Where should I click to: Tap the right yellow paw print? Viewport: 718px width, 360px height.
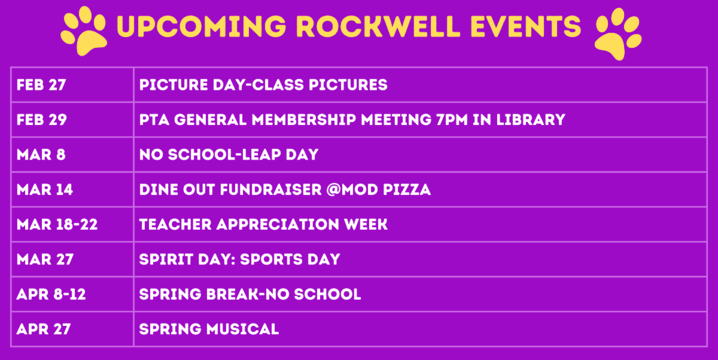[618, 34]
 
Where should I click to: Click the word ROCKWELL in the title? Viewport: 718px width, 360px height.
[378, 26]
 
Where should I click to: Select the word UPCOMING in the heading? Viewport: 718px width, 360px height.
[202, 26]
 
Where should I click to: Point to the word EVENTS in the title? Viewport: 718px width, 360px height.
[526, 26]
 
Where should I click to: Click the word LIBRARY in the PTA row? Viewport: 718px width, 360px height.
[531, 120]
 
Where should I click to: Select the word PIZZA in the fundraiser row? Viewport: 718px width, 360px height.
[407, 190]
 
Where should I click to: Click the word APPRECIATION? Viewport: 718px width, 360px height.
[278, 224]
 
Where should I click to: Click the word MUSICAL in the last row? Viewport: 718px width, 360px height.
[243, 330]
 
